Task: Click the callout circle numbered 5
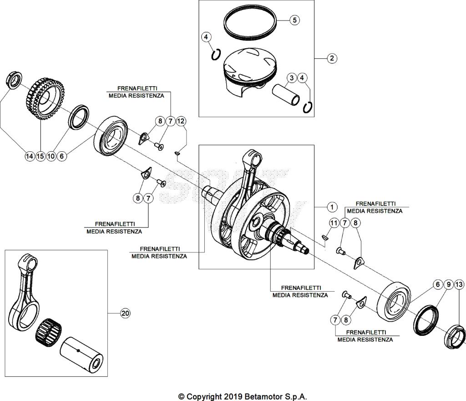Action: click(294, 20)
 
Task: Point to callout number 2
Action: click(332, 58)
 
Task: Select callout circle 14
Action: click(29, 156)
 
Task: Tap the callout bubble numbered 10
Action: click(51, 156)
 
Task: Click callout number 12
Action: click(181, 121)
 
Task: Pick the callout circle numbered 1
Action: click(332, 207)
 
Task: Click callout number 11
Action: click(334, 223)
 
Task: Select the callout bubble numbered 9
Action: click(448, 284)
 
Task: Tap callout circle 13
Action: click(459, 284)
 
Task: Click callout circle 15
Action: click(40, 156)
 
